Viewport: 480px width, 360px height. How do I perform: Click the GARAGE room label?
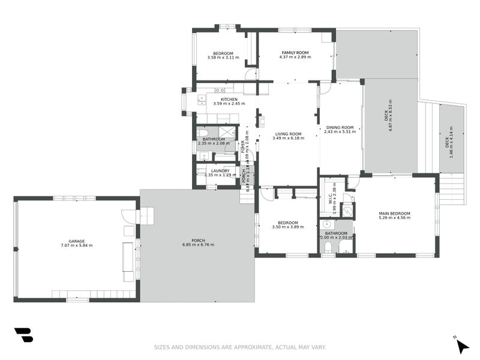pyautogui.click(x=76, y=240)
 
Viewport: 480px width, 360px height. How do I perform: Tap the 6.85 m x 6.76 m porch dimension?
pyautogui.click(x=197, y=245)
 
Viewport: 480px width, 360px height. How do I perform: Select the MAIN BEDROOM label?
pyautogui.click(x=394, y=214)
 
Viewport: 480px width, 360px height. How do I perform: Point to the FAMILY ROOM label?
pyautogui.click(x=295, y=53)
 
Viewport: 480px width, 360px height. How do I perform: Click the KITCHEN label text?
pyautogui.click(x=229, y=99)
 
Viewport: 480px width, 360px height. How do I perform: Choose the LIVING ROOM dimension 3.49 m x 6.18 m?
pyautogui.click(x=288, y=139)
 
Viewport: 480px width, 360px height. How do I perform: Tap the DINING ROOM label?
pyautogui.click(x=340, y=127)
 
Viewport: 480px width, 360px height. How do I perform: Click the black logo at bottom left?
pyautogui.click(x=23, y=335)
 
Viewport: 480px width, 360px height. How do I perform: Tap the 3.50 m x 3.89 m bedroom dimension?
pyautogui.click(x=287, y=227)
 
